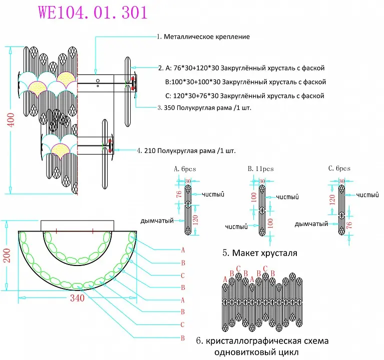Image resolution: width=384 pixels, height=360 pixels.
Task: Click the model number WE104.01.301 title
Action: coord(93,12)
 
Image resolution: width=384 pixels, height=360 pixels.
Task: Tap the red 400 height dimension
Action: coord(11,120)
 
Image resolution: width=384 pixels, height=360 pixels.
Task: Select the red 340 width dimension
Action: coord(78,298)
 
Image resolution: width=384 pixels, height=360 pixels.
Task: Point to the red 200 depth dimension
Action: coord(7,255)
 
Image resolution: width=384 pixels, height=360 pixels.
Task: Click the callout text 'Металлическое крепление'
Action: coord(207,36)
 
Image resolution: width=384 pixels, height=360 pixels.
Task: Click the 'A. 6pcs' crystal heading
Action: coord(185,169)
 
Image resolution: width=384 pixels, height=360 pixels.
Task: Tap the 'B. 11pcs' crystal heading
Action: coord(260,168)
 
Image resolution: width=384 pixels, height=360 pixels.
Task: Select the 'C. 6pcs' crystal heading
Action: coord(339,168)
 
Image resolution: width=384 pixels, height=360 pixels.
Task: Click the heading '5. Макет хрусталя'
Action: coord(260,253)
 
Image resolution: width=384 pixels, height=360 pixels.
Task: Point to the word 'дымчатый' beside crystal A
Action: coord(157,221)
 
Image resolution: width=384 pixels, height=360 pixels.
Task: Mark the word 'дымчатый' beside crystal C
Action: coord(311,224)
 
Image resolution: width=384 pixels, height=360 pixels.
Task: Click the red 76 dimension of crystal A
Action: coord(179,194)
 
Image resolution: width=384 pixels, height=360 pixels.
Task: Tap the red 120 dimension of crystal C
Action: coord(332,200)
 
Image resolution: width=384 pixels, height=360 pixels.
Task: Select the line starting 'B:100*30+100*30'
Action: coord(245,82)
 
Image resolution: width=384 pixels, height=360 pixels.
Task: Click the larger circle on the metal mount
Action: coord(98,80)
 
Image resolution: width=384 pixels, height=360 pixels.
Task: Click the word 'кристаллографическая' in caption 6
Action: coord(253,341)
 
